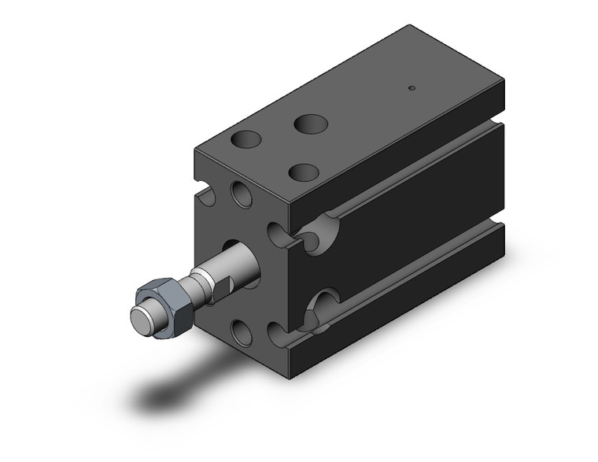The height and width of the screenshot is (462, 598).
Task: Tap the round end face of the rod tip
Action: (x=141, y=319)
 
